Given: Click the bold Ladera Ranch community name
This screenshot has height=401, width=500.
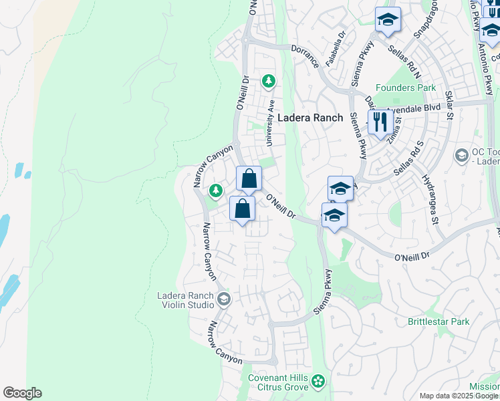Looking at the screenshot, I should [x=310, y=118].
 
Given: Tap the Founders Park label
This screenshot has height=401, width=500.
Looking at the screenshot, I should [x=405, y=88].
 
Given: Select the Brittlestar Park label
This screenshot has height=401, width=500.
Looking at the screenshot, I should [x=439, y=321].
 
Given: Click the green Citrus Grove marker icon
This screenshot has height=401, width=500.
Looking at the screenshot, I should [x=318, y=382].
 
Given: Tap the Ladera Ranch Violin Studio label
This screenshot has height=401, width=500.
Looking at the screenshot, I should [x=184, y=301].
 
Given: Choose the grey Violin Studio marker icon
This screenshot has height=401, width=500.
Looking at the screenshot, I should [x=223, y=299].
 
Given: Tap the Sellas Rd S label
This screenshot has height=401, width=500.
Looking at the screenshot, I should [x=409, y=158].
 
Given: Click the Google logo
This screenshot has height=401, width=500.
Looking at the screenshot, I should [x=22, y=393].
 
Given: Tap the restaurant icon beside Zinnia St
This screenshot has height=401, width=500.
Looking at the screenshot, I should [x=380, y=122].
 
